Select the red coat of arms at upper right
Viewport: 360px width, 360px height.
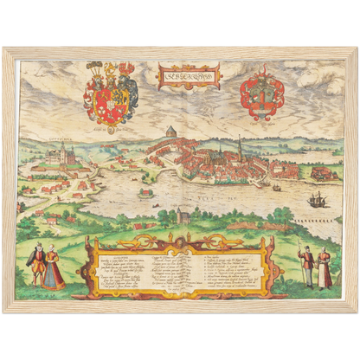260,94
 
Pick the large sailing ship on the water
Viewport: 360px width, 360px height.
315,199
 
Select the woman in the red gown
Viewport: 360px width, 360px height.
54,268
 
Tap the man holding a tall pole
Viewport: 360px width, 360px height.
305,265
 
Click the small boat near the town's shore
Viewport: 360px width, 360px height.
275,187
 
